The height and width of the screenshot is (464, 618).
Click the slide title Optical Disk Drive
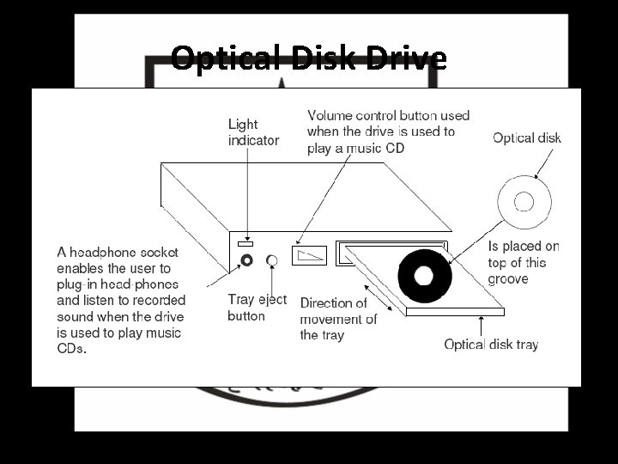[308, 58]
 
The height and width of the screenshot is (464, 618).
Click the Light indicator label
[253, 131]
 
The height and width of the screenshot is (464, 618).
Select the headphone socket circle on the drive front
[247, 259]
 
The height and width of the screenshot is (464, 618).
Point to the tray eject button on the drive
[273, 259]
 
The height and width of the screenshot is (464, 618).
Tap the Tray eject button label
[257, 308]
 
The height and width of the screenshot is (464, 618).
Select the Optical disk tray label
[491, 345]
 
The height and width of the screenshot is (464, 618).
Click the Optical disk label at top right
[527, 137]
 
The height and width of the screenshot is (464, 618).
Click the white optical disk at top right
[523, 203]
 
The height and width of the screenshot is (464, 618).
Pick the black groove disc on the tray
[423, 276]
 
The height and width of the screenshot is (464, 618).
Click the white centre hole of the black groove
[423, 276]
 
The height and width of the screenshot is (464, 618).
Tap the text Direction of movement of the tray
[337, 319]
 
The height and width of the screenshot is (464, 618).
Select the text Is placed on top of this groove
[523, 262]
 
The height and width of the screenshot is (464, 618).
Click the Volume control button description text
[388, 131]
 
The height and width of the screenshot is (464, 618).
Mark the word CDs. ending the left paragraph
[72, 348]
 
